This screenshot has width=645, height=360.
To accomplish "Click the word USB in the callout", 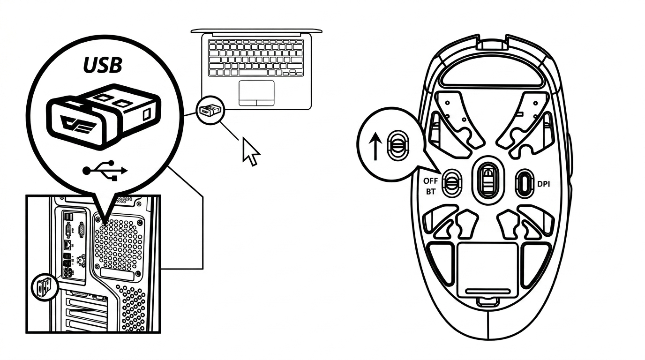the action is pyautogui.click(x=103, y=65).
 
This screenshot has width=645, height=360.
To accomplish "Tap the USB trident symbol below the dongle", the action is pyautogui.click(x=105, y=171).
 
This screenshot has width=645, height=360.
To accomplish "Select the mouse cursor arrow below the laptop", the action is pyautogui.click(x=250, y=151).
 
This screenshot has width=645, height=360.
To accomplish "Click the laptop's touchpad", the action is pyautogui.click(x=256, y=93).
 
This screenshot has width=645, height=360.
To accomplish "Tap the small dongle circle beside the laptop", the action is pyautogui.click(x=210, y=110).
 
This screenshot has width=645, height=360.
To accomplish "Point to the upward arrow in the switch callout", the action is pyautogui.click(x=375, y=146).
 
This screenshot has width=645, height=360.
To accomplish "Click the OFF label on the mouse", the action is pyautogui.click(x=430, y=181).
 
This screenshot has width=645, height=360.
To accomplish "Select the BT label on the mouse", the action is pyautogui.click(x=430, y=191).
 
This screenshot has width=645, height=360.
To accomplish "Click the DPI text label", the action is pyautogui.click(x=544, y=184).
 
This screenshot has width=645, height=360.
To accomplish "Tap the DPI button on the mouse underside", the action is pyautogui.click(x=525, y=184).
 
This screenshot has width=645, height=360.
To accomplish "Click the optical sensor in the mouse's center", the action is pyautogui.click(x=488, y=181).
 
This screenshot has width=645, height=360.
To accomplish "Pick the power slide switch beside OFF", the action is pyautogui.click(x=452, y=183).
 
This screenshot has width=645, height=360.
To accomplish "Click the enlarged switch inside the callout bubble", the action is pyautogui.click(x=397, y=145).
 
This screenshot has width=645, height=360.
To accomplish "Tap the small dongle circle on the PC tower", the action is pyautogui.click(x=45, y=288).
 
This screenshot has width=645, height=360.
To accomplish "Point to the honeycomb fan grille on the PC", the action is pyautogui.click(x=119, y=245).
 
